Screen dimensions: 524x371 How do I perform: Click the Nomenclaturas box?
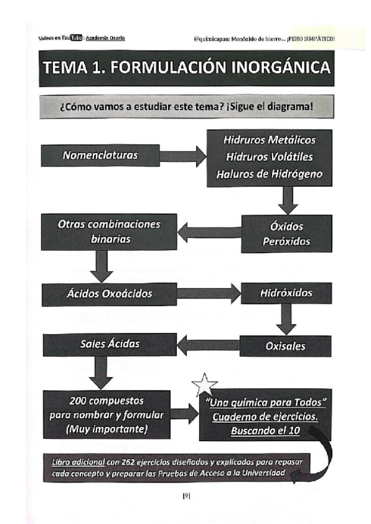[101, 155]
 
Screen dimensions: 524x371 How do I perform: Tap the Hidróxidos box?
[286, 293]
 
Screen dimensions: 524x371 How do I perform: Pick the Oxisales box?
[285, 346]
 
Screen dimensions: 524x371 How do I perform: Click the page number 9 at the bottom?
[185, 496]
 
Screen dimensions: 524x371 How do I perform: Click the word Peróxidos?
[286, 242]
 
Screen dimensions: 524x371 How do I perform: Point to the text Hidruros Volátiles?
[269, 157]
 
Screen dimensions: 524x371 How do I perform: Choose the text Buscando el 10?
[265, 431]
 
